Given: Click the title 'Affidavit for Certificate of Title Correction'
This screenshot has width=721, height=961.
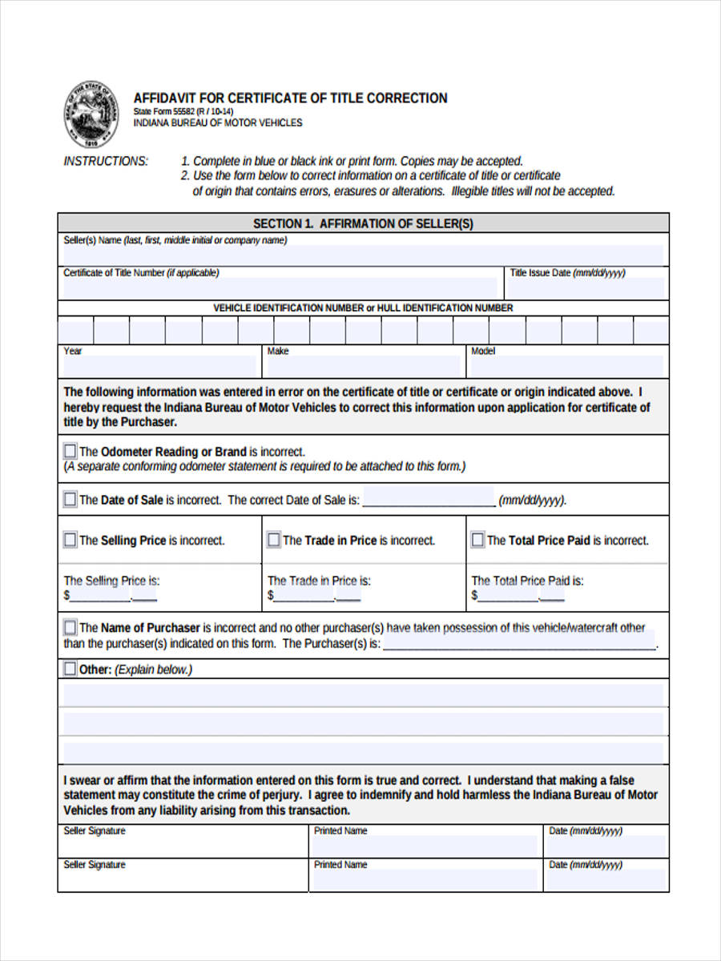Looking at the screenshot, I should click(290, 98).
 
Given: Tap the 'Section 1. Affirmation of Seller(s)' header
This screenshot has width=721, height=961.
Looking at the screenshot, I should click(363, 224).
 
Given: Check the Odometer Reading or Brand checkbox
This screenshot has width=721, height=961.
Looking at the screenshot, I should click(70, 452).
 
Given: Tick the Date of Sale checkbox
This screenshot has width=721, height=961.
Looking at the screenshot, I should click(70, 500).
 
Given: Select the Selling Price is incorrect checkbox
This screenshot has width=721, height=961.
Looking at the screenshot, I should click(70, 541).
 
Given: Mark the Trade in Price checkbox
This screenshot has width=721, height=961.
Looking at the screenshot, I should click(274, 541).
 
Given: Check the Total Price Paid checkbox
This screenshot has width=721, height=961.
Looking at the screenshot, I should click(477, 541).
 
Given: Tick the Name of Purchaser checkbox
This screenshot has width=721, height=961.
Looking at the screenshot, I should click(70, 628).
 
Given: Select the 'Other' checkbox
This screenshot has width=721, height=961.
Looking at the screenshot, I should click(70, 669).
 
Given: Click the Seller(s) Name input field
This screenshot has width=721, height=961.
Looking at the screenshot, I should click(363, 255).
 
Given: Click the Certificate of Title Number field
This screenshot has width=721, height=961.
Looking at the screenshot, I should click(280, 287).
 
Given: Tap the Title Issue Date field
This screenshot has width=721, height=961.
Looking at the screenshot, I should click(587, 287).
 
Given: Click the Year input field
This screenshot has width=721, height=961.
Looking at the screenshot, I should click(159, 366).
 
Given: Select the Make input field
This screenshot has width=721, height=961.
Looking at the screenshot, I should click(364, 366).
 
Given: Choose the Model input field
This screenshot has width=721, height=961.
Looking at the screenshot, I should click(567, 366).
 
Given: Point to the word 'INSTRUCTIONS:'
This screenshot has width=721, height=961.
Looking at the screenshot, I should click(106, 161).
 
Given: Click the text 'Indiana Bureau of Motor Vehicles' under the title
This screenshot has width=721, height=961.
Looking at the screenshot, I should click(218, 123).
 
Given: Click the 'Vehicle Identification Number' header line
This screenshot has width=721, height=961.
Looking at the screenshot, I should click(363, 308).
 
